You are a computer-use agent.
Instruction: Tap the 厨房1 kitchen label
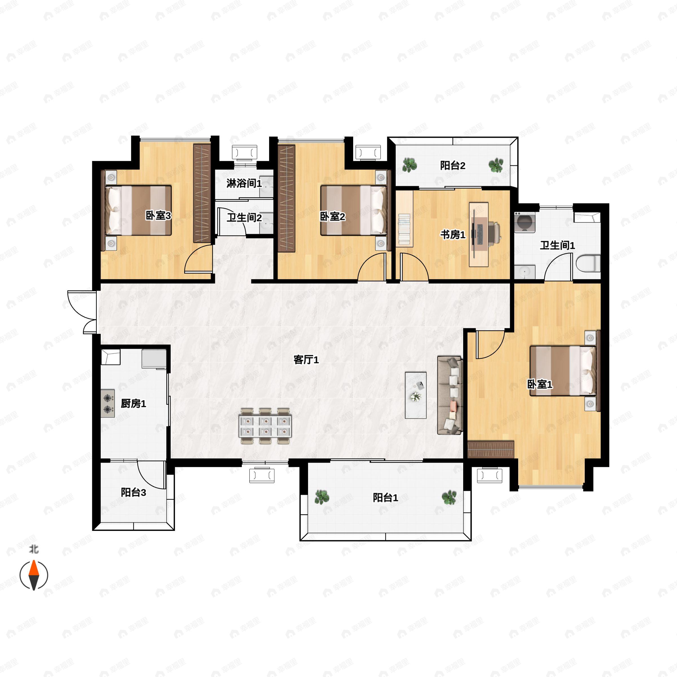[x=133, y=404]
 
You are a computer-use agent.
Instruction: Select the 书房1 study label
[x=453, y=235]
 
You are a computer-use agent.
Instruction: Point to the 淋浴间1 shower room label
[x=244, y=183]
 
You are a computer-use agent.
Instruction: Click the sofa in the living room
[x=450, y=395]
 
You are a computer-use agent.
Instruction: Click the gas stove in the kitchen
[x=108, y=403]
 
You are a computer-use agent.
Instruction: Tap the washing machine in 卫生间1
[x=525, y=222]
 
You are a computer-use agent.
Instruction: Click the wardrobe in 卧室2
[x=287, y=198]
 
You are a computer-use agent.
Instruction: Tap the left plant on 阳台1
[x=322, y=497]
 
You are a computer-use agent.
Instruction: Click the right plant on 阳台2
[x=496, y=165]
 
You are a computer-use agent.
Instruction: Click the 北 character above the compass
[x=34, y=549]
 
